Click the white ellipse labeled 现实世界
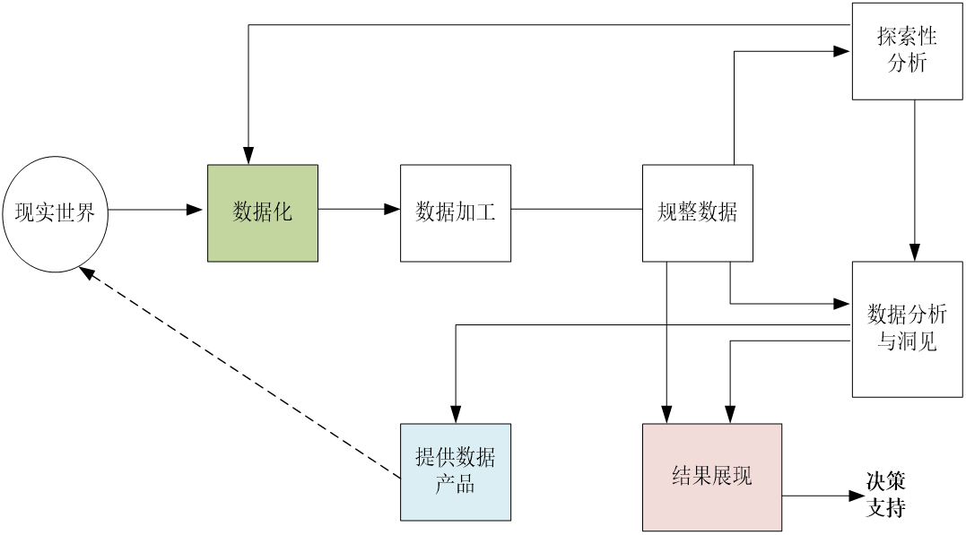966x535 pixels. tap(55, 213)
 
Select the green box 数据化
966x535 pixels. tap(263, 213)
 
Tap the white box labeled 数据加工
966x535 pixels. tap(456, 213)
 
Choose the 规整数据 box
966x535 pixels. tap(698, 213)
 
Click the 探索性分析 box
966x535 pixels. tap(907, 51)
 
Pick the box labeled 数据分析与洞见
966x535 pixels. tap(907, 329)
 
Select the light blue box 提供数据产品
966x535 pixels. tap(456, 472)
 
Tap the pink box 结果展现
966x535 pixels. tap(712, 477)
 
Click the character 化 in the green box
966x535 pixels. tap(283, 212)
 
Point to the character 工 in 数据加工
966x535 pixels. tap(485, 212)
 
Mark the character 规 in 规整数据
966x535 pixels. tap(667, 212)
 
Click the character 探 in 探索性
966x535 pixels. tap(887, 38)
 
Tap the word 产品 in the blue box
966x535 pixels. tap(456, 486)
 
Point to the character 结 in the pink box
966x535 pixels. tap(682, 477)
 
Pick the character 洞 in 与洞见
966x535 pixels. tap(907, 341)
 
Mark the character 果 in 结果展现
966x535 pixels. tap(702, 477)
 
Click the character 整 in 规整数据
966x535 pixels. tap(687, 212)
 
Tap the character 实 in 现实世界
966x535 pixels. tap(45, 213)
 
